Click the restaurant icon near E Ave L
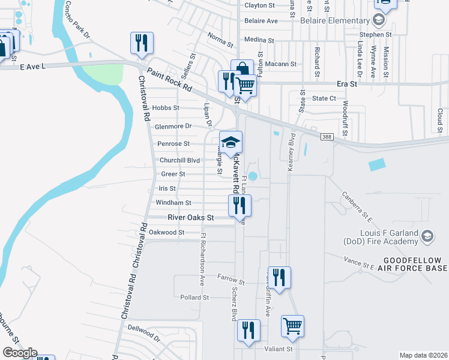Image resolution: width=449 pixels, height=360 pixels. [x=142, y=43]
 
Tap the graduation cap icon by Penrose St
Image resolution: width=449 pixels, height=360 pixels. [x=231, y=142]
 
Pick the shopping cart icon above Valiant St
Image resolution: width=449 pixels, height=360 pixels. [x=292, y=326]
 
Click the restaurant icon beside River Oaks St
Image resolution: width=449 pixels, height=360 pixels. [x=240, y=206]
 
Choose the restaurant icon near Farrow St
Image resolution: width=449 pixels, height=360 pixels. [x=279, y=277]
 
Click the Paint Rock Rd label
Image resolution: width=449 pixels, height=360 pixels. [x=169, y=80]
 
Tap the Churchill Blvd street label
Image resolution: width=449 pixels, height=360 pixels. [x=179, y=160]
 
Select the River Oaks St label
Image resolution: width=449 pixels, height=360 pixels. [x=191, y=217]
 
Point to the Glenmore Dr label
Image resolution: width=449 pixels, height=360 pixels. [x=173, y=127]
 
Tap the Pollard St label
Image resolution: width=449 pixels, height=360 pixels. [x=194, y=297]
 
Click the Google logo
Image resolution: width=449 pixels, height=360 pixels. [x=19, y=353]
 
